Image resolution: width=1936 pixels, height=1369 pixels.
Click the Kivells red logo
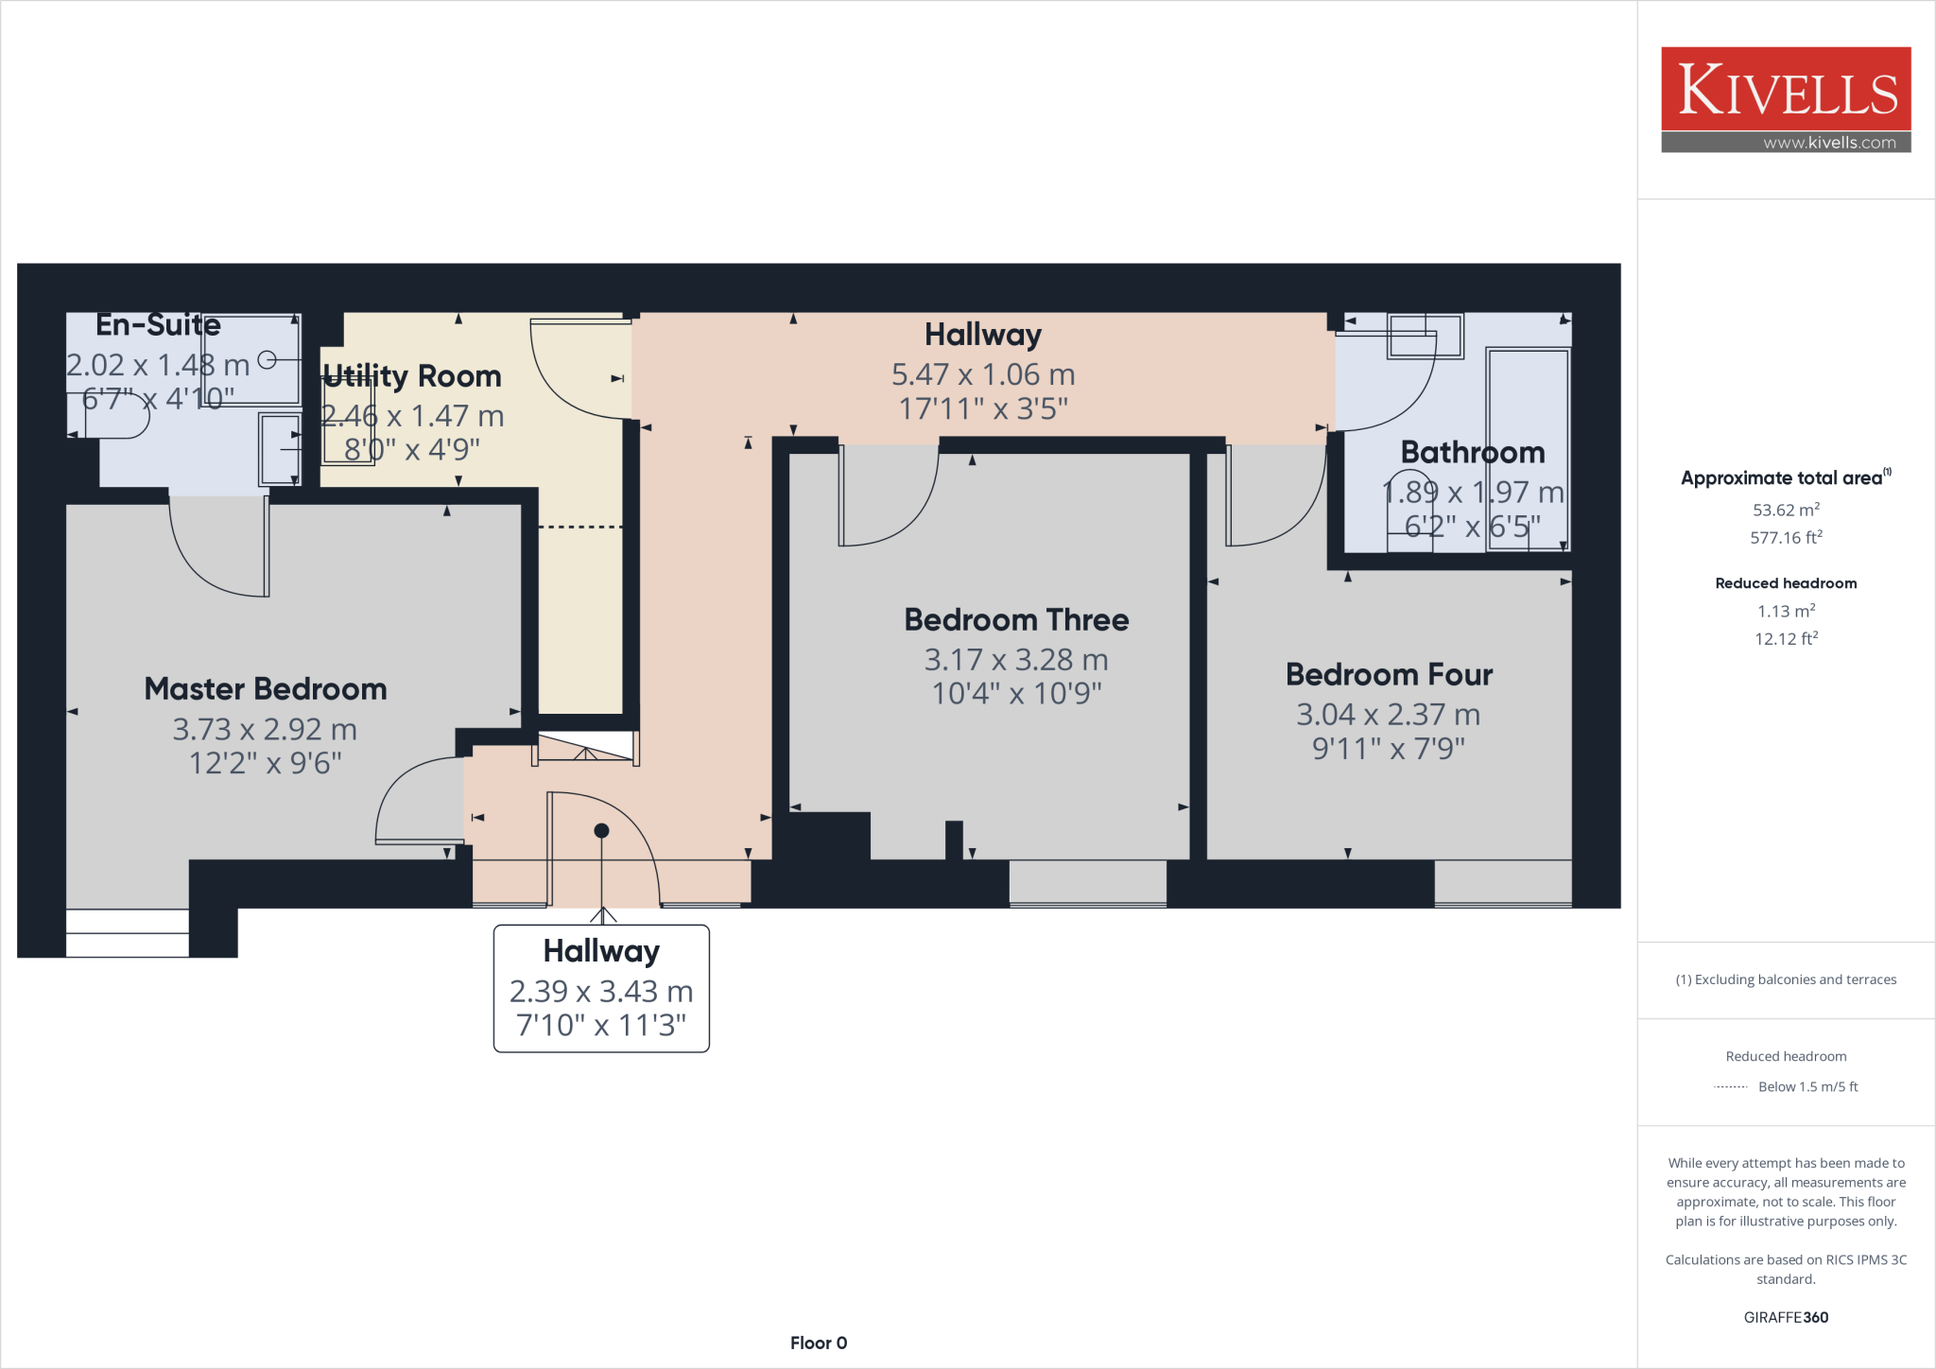(x=1786, y=89)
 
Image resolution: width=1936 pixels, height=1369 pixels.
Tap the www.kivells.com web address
(x=1828, y=143)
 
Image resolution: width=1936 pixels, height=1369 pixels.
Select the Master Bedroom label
(x=266, y=689)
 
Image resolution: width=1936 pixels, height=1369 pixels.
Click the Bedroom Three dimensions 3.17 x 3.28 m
(x=1016, y=660)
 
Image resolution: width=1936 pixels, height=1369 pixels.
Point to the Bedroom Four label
(x=1389, y=675)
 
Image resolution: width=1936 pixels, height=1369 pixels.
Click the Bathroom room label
(x=1472, y=453)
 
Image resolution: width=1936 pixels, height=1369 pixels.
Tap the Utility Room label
(x=412, y=376)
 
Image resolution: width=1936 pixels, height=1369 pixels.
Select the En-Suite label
(x=159, y=325)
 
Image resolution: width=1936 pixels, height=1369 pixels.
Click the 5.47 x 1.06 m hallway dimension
(x=983, y=374)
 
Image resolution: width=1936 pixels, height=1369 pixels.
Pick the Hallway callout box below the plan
(x=601, y=988)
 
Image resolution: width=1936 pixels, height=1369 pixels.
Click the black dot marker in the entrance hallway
(x=601, y=831)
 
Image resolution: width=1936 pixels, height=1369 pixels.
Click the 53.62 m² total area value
(x=1786, y=511)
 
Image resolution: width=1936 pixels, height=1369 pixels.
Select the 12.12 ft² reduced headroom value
(x=1786, y=639)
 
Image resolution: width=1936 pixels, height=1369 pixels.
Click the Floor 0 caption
(x=819, y=1343)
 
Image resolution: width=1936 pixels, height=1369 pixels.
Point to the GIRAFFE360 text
(x=1786, y=1317)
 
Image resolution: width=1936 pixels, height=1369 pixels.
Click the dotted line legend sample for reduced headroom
(x=1730, y=1087)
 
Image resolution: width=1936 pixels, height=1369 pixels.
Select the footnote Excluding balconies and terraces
(x=1786, y=979)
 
